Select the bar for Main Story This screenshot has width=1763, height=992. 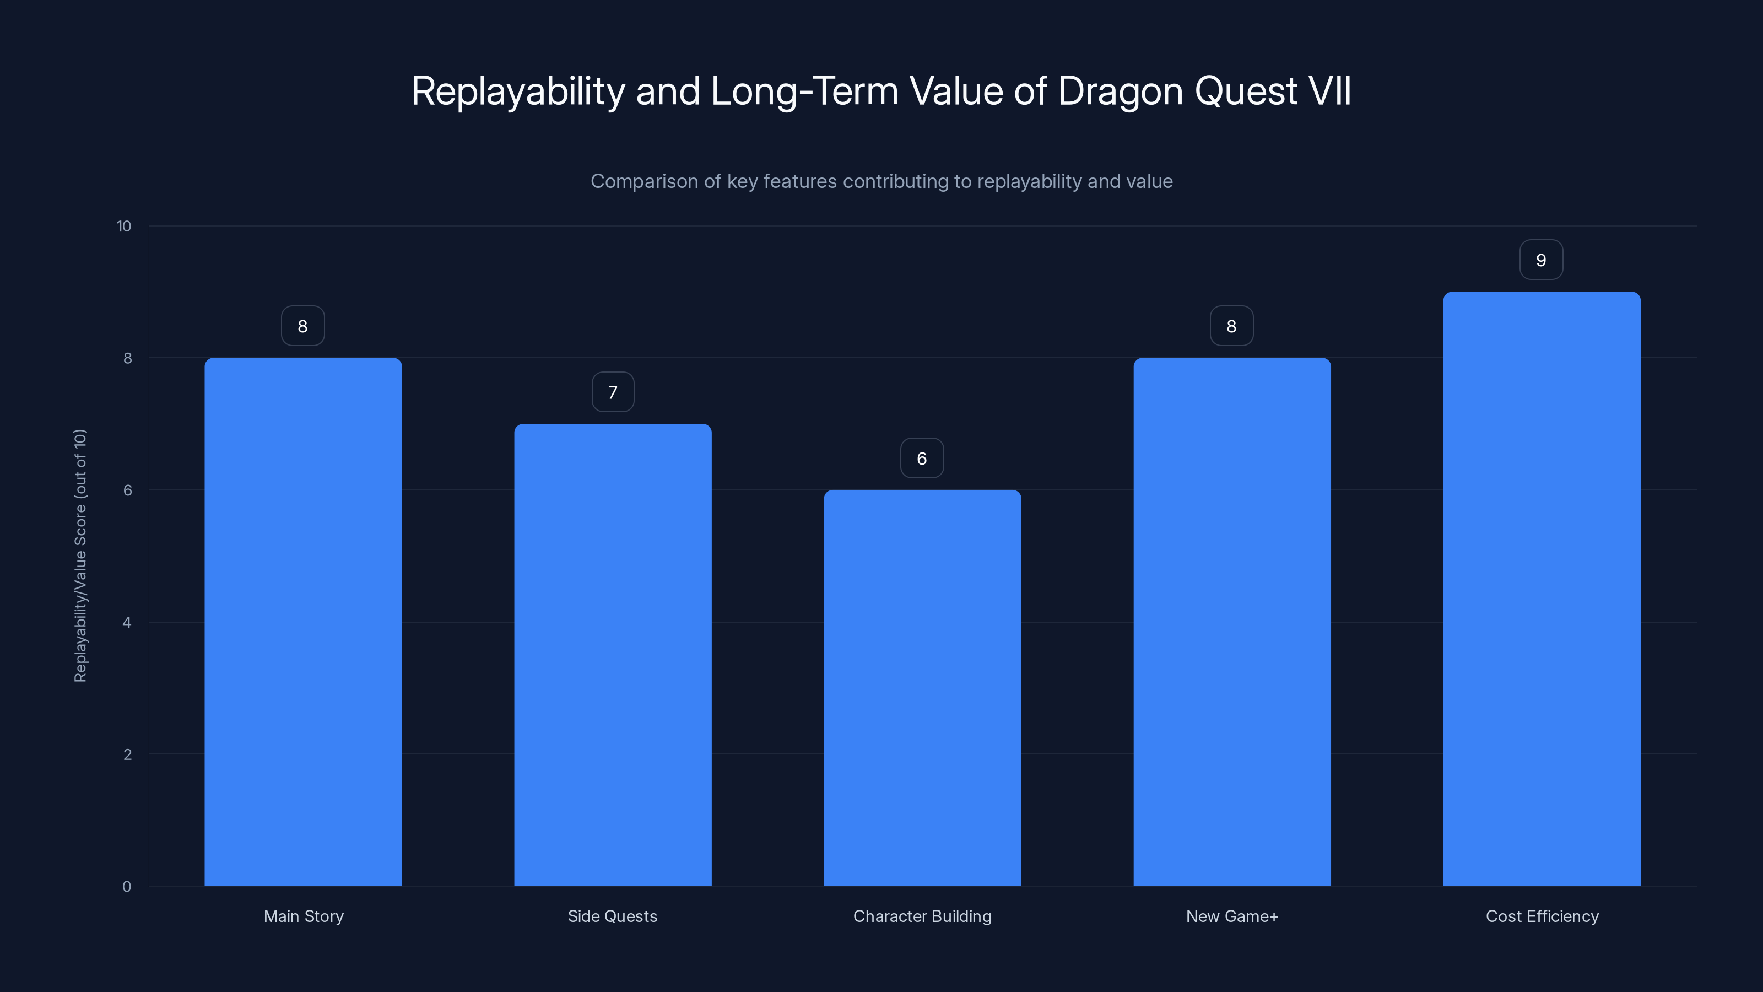tap(303, 622)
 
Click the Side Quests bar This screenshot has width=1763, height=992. tap(613, 655)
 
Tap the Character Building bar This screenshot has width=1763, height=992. tap(922, 687)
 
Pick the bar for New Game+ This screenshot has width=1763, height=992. tap(1232, 622)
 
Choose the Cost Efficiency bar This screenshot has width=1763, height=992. tap(1542, 589)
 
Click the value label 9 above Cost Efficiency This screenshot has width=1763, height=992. tap(1542, 260)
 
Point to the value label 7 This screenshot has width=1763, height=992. tap(613, 392)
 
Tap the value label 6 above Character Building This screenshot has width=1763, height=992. tap(922, 458)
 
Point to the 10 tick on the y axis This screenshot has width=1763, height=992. tap(124, 226)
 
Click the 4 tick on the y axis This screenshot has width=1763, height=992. tap(127, 622)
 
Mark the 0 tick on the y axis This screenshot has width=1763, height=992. tap(127, 887)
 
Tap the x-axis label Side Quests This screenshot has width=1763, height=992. tap(613, 916)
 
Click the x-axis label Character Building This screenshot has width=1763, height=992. tap(922, 916)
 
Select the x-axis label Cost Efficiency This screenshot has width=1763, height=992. tap(1542, 916)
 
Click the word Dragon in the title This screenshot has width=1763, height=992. tap(1120, 91)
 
